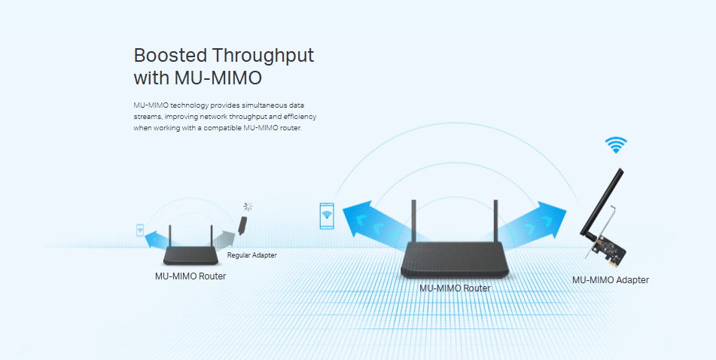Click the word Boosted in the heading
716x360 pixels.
coord(170,55)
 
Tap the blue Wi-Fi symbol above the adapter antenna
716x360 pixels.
coord(616,145)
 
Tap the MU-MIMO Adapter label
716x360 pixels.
coord(611,280)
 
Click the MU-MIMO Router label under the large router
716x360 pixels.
coord(455,288)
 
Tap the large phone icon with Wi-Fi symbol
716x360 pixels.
coord(327,215)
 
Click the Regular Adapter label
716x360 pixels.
coord(252,255)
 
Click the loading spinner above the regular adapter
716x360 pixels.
coord(248,206)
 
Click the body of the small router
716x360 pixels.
coord(191,255)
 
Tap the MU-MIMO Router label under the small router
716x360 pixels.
coord(190,276)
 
